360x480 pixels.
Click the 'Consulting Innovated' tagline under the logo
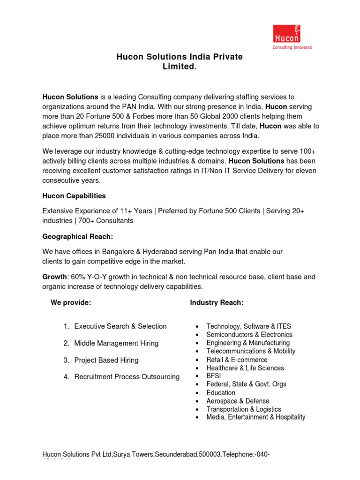292,47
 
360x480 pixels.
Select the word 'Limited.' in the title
180,67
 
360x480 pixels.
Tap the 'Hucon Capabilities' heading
74,195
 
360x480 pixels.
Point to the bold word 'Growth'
54,277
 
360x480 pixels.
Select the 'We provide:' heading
70,303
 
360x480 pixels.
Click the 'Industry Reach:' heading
217,303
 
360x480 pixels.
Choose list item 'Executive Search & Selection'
120,326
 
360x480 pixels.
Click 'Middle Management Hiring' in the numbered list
116,343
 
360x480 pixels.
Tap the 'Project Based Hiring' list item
106,360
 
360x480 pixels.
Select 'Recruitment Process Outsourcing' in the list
127,377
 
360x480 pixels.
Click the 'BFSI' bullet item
214,376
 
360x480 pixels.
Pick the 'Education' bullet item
221,393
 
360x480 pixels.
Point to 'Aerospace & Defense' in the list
238,401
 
